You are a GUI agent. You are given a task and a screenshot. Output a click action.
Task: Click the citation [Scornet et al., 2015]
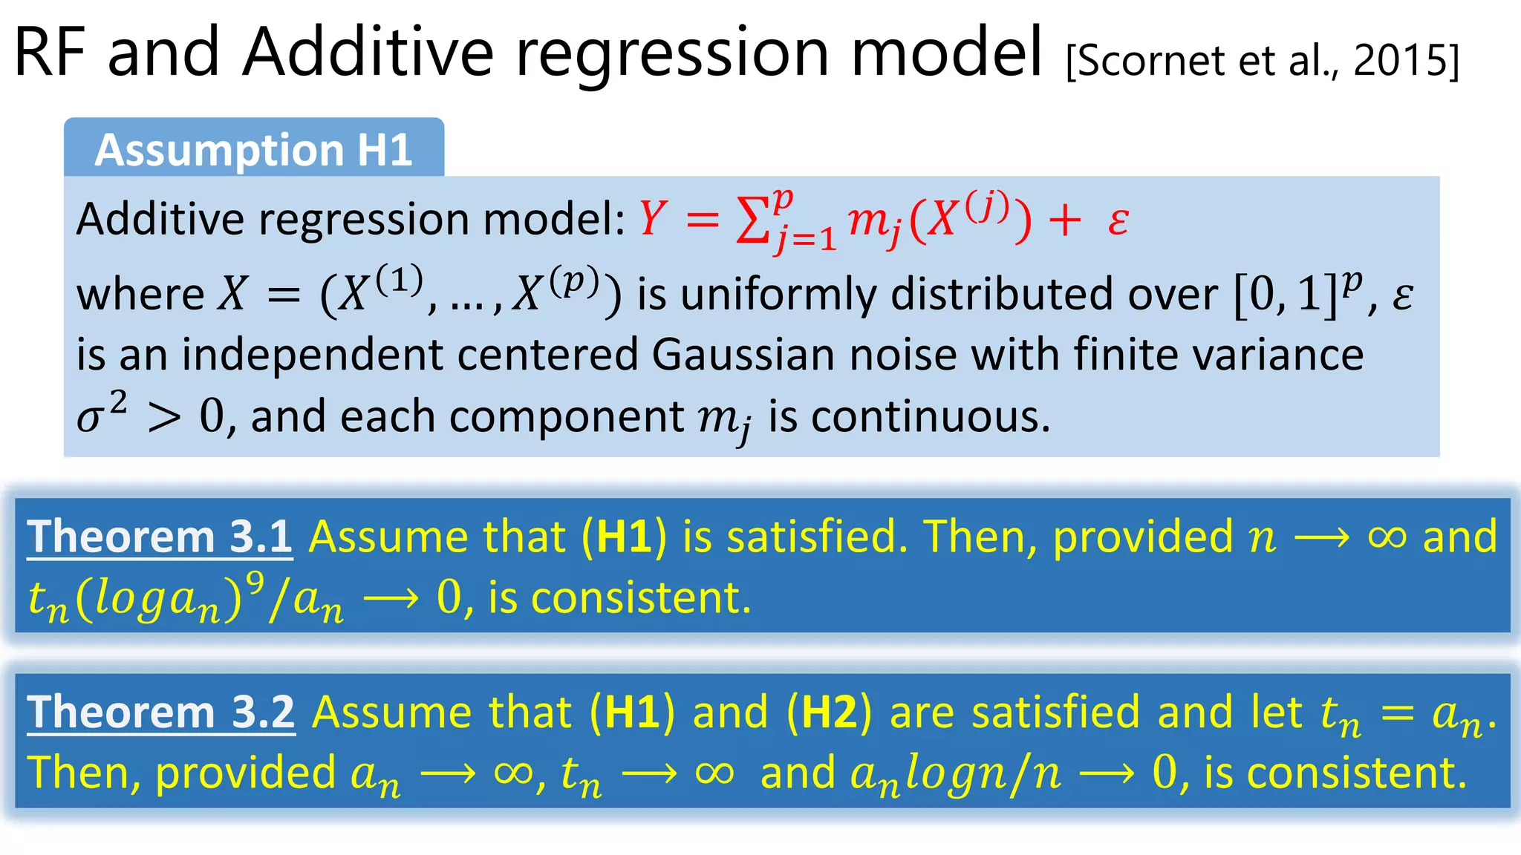tap(1262, 61)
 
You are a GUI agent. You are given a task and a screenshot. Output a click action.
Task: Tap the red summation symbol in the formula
tap(752, 220)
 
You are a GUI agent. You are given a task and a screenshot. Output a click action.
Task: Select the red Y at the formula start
tap(651, 219)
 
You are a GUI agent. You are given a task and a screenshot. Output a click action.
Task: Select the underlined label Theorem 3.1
tap(160, 537)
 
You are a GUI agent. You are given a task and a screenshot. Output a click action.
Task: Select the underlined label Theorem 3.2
tap(161, 712)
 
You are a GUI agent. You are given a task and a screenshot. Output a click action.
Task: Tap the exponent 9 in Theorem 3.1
tap(255, 583)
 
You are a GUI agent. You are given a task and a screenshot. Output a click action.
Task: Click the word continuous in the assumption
tap(930, 416)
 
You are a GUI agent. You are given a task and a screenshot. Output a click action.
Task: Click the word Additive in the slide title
tap(368, 52)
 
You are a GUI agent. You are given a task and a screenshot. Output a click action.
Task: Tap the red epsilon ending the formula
tap(1118, 220)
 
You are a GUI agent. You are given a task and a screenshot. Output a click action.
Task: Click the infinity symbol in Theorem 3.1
tap(1387, 537)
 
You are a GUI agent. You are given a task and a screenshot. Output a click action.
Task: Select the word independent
tap(312, 354)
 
